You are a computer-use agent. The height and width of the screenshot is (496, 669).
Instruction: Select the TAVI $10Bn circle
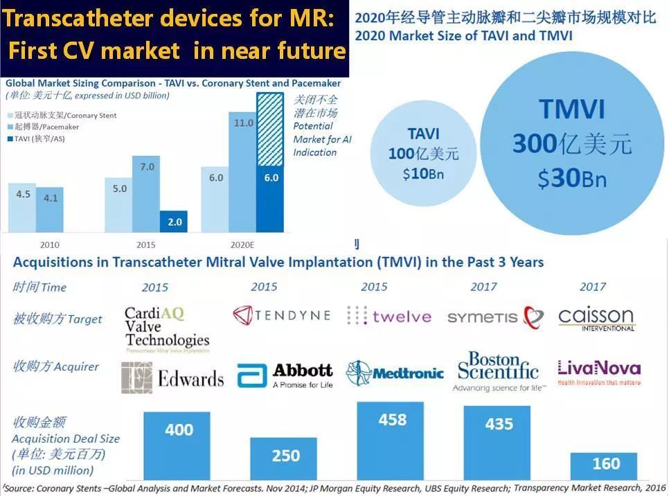click(x=423, y=153)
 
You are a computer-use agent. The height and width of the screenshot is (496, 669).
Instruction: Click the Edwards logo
click(x=172, y=377)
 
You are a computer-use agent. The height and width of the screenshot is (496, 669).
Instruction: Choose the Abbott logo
click(x=285, y=375)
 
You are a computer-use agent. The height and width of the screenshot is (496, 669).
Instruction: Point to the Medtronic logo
click(x=395, y=373)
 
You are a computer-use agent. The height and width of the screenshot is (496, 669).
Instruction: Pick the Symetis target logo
click(x=495, y=317)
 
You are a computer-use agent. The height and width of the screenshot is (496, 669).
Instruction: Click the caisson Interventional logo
click(x=596, y=319)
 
